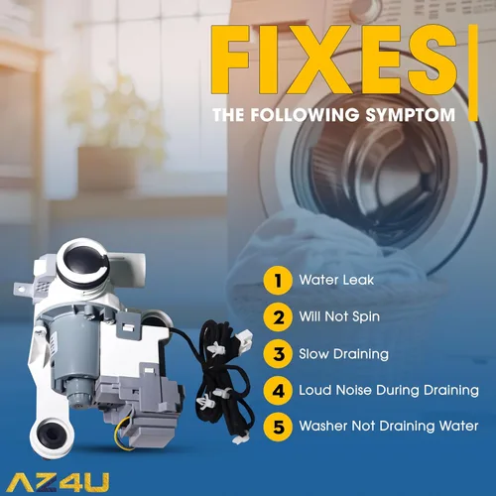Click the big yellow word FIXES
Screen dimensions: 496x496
334,60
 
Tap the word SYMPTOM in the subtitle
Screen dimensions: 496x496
411,115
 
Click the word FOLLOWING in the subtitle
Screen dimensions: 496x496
305,115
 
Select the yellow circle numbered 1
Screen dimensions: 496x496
278,281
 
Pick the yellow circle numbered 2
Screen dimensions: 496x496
278,317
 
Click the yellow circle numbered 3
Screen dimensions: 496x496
278,354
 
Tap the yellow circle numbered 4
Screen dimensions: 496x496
278,390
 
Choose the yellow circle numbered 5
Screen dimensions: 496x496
278,427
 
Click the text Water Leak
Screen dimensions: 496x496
336,280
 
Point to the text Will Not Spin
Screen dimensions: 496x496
339,316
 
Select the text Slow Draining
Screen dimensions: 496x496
343,354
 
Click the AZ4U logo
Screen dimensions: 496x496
58,482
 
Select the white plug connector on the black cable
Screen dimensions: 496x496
245,338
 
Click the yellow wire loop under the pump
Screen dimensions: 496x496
121,432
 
